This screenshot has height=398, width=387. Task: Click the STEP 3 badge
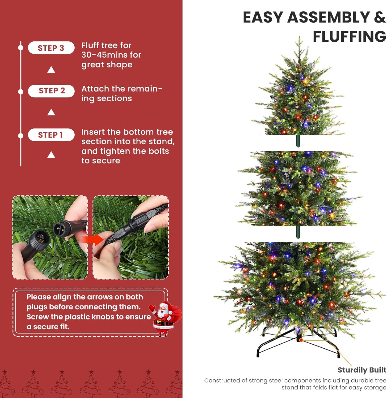tap(51, 48)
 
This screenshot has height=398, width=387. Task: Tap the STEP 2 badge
tap(51, 91)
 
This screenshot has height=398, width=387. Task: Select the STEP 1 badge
tap(51, 135)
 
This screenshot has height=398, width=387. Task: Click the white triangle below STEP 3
tap(51, 70)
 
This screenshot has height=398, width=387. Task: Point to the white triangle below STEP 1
tap(51, 155)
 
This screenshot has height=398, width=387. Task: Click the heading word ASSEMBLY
tap(329, 18)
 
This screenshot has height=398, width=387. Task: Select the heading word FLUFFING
tap(349, 37)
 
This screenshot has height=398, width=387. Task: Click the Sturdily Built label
tap(361, 370)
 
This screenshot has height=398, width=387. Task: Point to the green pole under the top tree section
tap(298, 141)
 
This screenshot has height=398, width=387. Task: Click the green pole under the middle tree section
tap(298, 232)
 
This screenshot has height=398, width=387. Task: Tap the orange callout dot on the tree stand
tap(301, 340)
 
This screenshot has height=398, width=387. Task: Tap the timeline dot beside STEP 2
tap(21, 92)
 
